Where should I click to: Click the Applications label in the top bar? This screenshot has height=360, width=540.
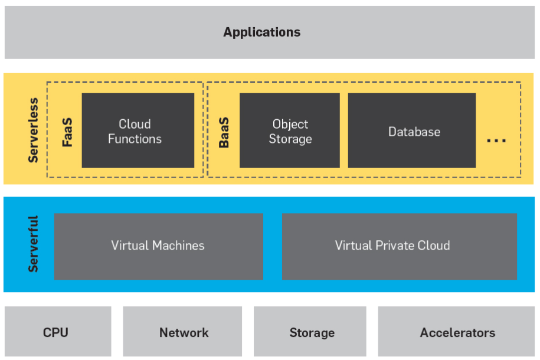click(261, 32)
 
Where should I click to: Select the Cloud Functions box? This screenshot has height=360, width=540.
click(138, 131)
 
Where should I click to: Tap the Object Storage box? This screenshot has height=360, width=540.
click(290, 131)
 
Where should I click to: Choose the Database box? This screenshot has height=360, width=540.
click(411, 131)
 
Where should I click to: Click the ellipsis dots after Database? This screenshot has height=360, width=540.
click(496, 141)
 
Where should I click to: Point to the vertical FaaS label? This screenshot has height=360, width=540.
click(67, 132)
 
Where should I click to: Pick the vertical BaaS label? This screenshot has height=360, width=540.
click(224, 132)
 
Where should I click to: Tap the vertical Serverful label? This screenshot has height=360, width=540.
click(34, 244)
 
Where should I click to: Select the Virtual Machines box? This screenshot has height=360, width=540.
click(158, 246)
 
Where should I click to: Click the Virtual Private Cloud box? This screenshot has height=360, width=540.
click(399, 246)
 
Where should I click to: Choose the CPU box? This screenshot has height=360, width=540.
click(56, 332)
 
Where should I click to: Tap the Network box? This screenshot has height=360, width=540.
click(183, 332)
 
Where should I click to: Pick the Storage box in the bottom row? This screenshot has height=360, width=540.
click(311, 332)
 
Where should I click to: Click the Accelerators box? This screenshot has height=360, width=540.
click(457, 332)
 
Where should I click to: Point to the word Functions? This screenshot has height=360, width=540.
click(135, 139)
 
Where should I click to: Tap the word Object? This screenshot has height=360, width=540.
click(290, 124)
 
